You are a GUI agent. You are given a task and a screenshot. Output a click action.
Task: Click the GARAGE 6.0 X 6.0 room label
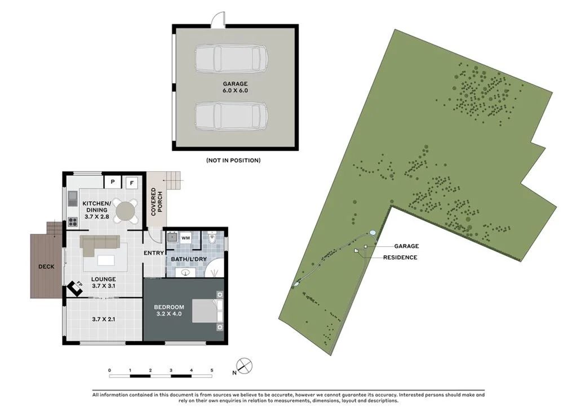[235, 87]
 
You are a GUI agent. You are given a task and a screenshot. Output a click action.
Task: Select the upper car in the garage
[231, 59]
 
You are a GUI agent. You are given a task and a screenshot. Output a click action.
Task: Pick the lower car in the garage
[231, 116]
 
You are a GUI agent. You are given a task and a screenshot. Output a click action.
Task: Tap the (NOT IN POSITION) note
[233, 161]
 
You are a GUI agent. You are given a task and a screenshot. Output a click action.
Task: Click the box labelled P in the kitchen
[113, 182]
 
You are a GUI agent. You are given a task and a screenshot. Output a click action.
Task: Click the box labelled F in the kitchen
[132, 182]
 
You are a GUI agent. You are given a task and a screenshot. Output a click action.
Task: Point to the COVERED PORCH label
[157, 202]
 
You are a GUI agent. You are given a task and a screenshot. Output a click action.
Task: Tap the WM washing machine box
[185, 237]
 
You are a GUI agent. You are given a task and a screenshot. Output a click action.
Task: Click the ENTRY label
[153, 253]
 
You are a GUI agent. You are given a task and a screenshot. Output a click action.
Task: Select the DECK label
[46, 267]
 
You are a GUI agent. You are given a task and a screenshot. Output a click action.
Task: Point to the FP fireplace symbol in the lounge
[76, 287]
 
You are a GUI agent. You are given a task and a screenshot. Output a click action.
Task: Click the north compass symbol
[245, 366]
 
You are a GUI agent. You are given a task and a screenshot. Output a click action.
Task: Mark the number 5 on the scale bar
[212, 370]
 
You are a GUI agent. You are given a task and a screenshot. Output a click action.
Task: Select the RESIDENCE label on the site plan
[400, 258]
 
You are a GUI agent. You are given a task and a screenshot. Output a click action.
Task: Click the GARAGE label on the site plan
[406, 246]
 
